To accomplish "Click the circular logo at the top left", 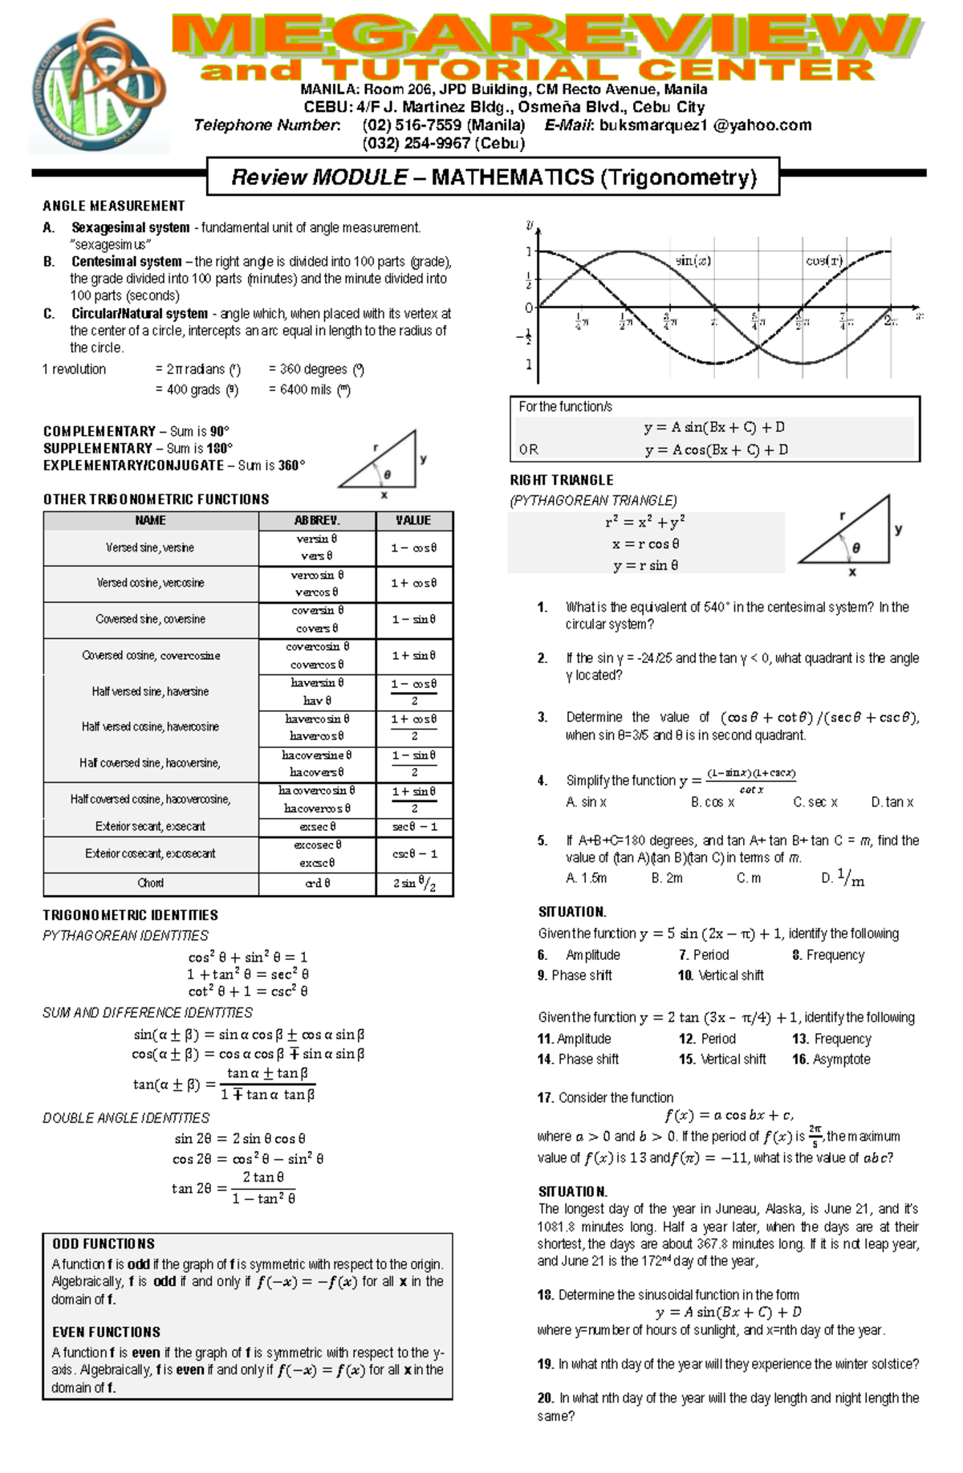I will (x=98, y=87).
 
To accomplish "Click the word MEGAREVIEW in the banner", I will (x=546, y=36).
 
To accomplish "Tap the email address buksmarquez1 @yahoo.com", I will (x=705, y=125).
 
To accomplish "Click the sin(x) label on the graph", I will (x=693, y=261).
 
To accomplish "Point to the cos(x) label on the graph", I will (x=824, y=261).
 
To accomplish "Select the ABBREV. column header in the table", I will (x=317, y=520).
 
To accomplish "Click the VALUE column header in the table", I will (x=413, y=520).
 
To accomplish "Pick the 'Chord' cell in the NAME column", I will (x=150, y=883).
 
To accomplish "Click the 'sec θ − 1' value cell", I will (x=414, y=827).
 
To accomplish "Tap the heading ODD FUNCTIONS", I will (x=104, y=1243).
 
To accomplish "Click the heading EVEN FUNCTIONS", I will (x=106, y=1332).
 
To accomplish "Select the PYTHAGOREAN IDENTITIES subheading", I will (x=125, y=935).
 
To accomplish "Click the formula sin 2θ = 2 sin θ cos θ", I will (x=240, y=1138).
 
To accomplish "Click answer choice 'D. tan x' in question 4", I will (x=892, y=802).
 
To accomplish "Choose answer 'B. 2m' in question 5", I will (x=667, y=878).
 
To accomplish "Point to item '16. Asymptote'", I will (x=831, y=1059).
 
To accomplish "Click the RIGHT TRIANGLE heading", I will (x=562, y=480).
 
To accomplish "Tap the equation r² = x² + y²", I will (x=645, y=523).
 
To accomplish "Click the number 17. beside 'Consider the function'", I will (x=546, y=1097).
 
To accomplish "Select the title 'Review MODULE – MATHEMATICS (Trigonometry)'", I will (x=494, y=177).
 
